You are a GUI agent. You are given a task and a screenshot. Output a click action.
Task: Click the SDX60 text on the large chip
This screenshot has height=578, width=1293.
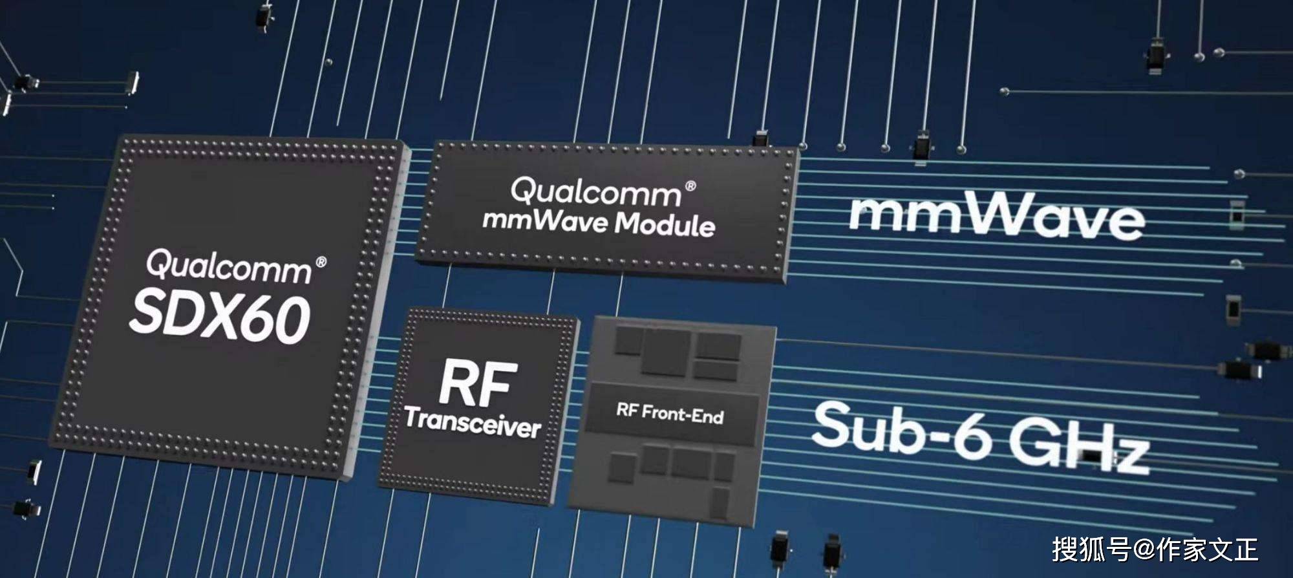coord(220,317)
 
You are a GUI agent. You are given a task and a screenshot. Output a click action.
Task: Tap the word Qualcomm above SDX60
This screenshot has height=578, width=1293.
coord(228,266)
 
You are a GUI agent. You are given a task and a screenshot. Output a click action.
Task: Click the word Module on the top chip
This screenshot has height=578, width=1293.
coord(665,224)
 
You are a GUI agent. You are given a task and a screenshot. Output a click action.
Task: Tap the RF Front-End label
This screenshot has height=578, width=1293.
coord(670,412)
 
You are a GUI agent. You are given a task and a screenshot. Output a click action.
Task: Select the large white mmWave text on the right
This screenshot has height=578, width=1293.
coord(996,217)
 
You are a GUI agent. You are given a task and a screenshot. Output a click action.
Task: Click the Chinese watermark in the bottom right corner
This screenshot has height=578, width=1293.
coord(1155,550)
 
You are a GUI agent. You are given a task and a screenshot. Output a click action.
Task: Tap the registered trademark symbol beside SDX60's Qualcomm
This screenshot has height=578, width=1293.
coord(321,262)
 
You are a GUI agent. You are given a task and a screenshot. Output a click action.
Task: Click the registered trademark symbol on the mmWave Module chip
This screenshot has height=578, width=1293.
coord(690,186)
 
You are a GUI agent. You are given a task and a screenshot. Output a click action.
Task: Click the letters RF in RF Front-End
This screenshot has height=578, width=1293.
coord(627,409)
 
